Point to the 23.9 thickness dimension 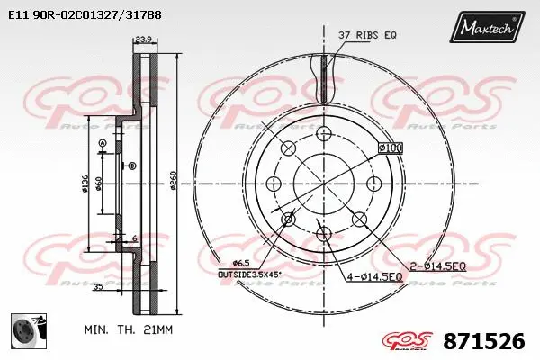pos(142,39)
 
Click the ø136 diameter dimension pos(86,184)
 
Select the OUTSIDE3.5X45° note pos(249,273)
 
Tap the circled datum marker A pos(103,144)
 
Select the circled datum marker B pos(131,165)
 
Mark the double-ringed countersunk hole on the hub pos(289,219)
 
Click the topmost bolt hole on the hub pos(322,134)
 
